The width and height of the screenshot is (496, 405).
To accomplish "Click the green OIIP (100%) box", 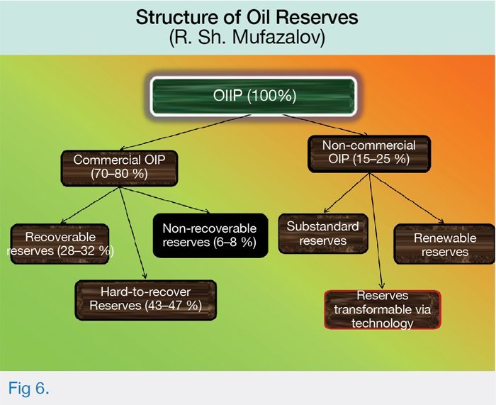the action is click(x=254, y=96).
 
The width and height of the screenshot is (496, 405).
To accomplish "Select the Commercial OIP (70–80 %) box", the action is click(x=119, y=168).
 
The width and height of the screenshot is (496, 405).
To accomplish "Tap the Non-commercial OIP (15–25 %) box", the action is click(x=369, y=154).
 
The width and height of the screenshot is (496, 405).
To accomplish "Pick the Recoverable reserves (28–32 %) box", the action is click(x=60, y=244).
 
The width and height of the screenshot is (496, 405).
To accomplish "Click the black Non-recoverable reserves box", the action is click(x=210, y=235).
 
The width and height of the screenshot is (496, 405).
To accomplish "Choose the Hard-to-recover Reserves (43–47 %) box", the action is click(x=146, y=300).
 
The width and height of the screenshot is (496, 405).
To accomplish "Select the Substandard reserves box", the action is click(x=323, y=233).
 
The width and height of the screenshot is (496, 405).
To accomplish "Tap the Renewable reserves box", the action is click(x=445, y=244).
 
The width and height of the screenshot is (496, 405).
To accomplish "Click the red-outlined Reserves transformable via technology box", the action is click(x=383, y=310).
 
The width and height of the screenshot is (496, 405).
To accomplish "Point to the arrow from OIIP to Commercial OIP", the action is click(x=185, y=132).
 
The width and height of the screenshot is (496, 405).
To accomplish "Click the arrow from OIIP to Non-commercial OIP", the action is click(x=325, y=126).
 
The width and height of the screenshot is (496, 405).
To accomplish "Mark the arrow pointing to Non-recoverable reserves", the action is click(x=164, y=200).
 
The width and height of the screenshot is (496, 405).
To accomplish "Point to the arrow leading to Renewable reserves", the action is click(x=407, y=198).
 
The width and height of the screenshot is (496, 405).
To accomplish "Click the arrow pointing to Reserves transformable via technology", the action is click(x=376, y=231).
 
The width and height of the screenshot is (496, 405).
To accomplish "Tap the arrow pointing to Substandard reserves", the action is click(x=346, y=193).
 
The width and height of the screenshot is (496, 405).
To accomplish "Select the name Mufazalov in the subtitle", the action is click(x=279, y=38).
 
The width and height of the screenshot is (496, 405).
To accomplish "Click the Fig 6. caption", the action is click(x=28, y=388).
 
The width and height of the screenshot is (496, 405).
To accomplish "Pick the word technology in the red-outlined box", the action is click(x=383, y=323).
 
